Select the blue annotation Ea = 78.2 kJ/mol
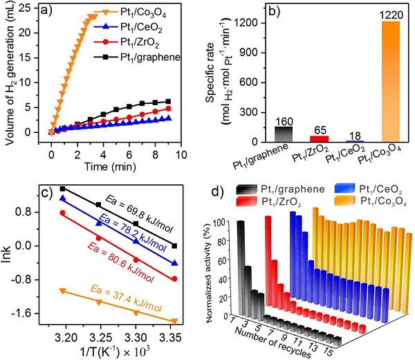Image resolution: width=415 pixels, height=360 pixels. point(124,227)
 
